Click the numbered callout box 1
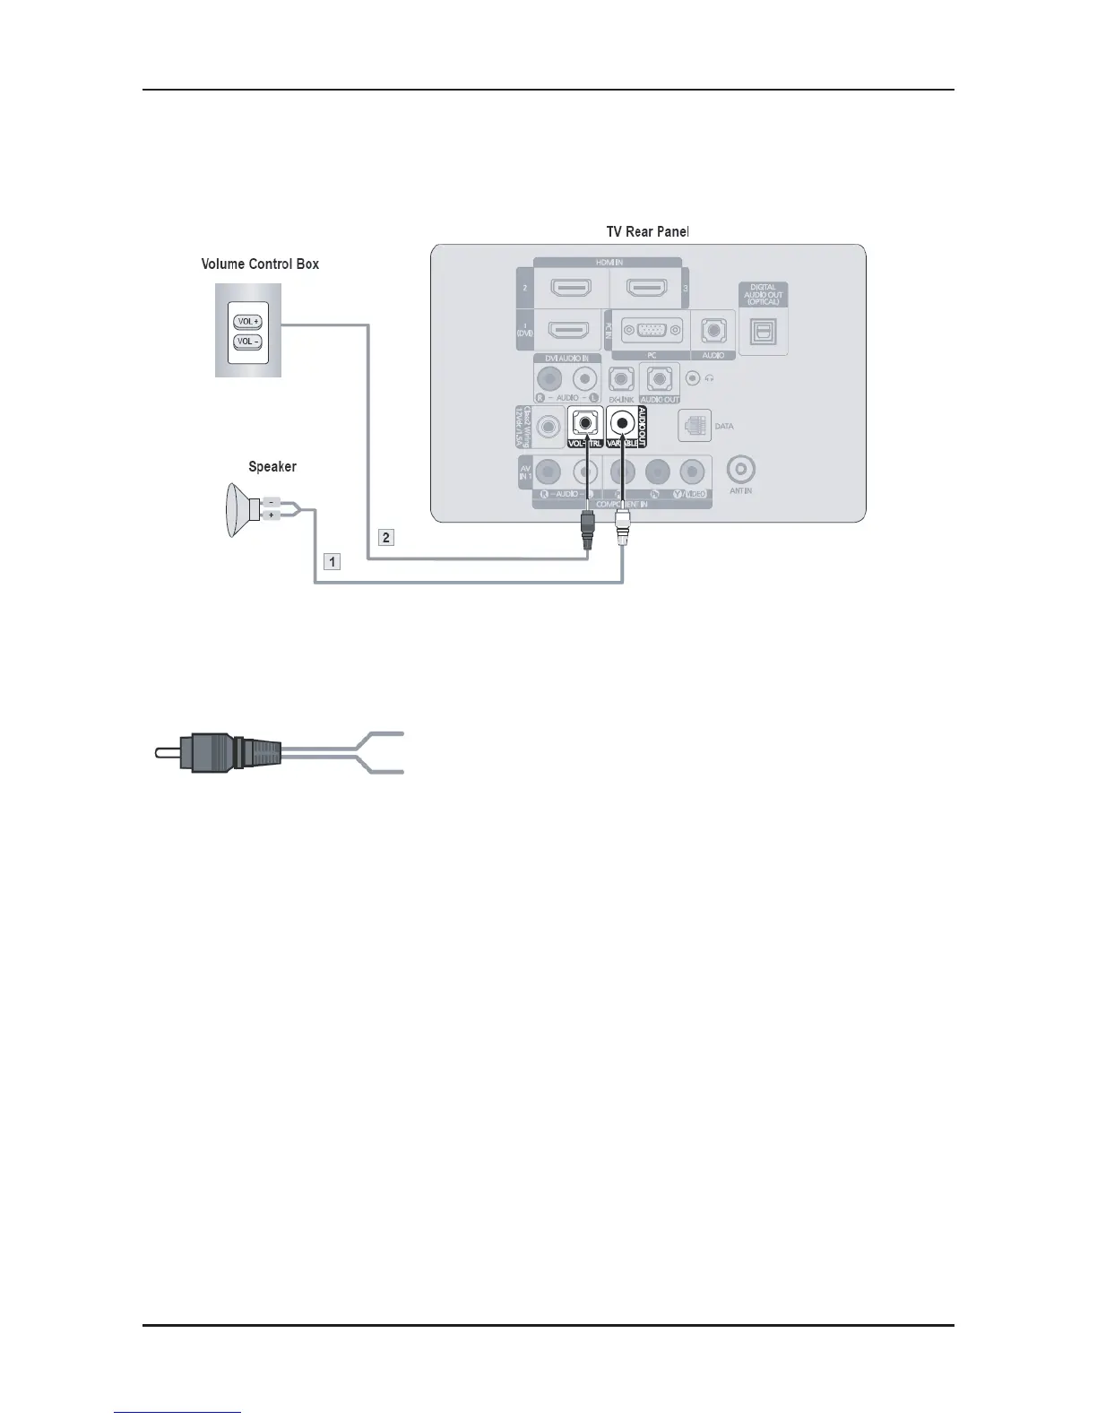point(333,562)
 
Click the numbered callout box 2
point(386,538)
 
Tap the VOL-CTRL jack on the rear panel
point(585,421)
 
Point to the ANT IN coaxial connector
point(741,469)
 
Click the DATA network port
point(695,426)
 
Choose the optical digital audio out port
point(763,332)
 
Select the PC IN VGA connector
point(652,330)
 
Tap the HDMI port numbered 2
point(570,289)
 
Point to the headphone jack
point(692,378)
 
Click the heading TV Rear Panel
point(647,232)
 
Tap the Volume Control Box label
point(260,264)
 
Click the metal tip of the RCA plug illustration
point(167,752)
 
